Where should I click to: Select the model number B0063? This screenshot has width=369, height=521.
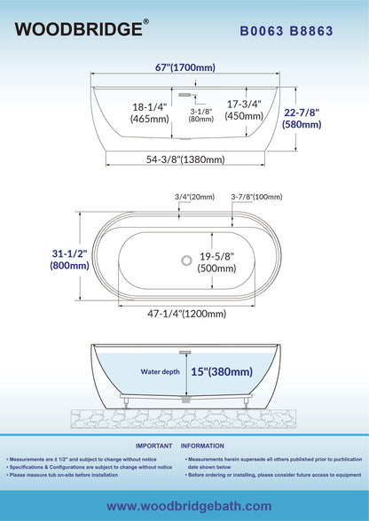[x=262, y=31]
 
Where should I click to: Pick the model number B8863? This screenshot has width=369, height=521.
[x=311, y=31]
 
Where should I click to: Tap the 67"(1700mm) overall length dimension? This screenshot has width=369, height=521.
[x=185, y=67]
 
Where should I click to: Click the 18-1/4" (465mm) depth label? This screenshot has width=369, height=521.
[x=150, y=113]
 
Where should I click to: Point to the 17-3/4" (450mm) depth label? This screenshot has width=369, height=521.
[x=244, y=110]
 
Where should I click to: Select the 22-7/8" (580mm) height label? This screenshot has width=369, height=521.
[x=302, y=119]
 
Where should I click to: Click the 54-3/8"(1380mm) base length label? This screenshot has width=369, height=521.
[x=185, y=159]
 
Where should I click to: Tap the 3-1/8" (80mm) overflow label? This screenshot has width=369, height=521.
[x=201, y=115]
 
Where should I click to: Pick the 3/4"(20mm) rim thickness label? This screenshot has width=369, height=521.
[x=194, y=197]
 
